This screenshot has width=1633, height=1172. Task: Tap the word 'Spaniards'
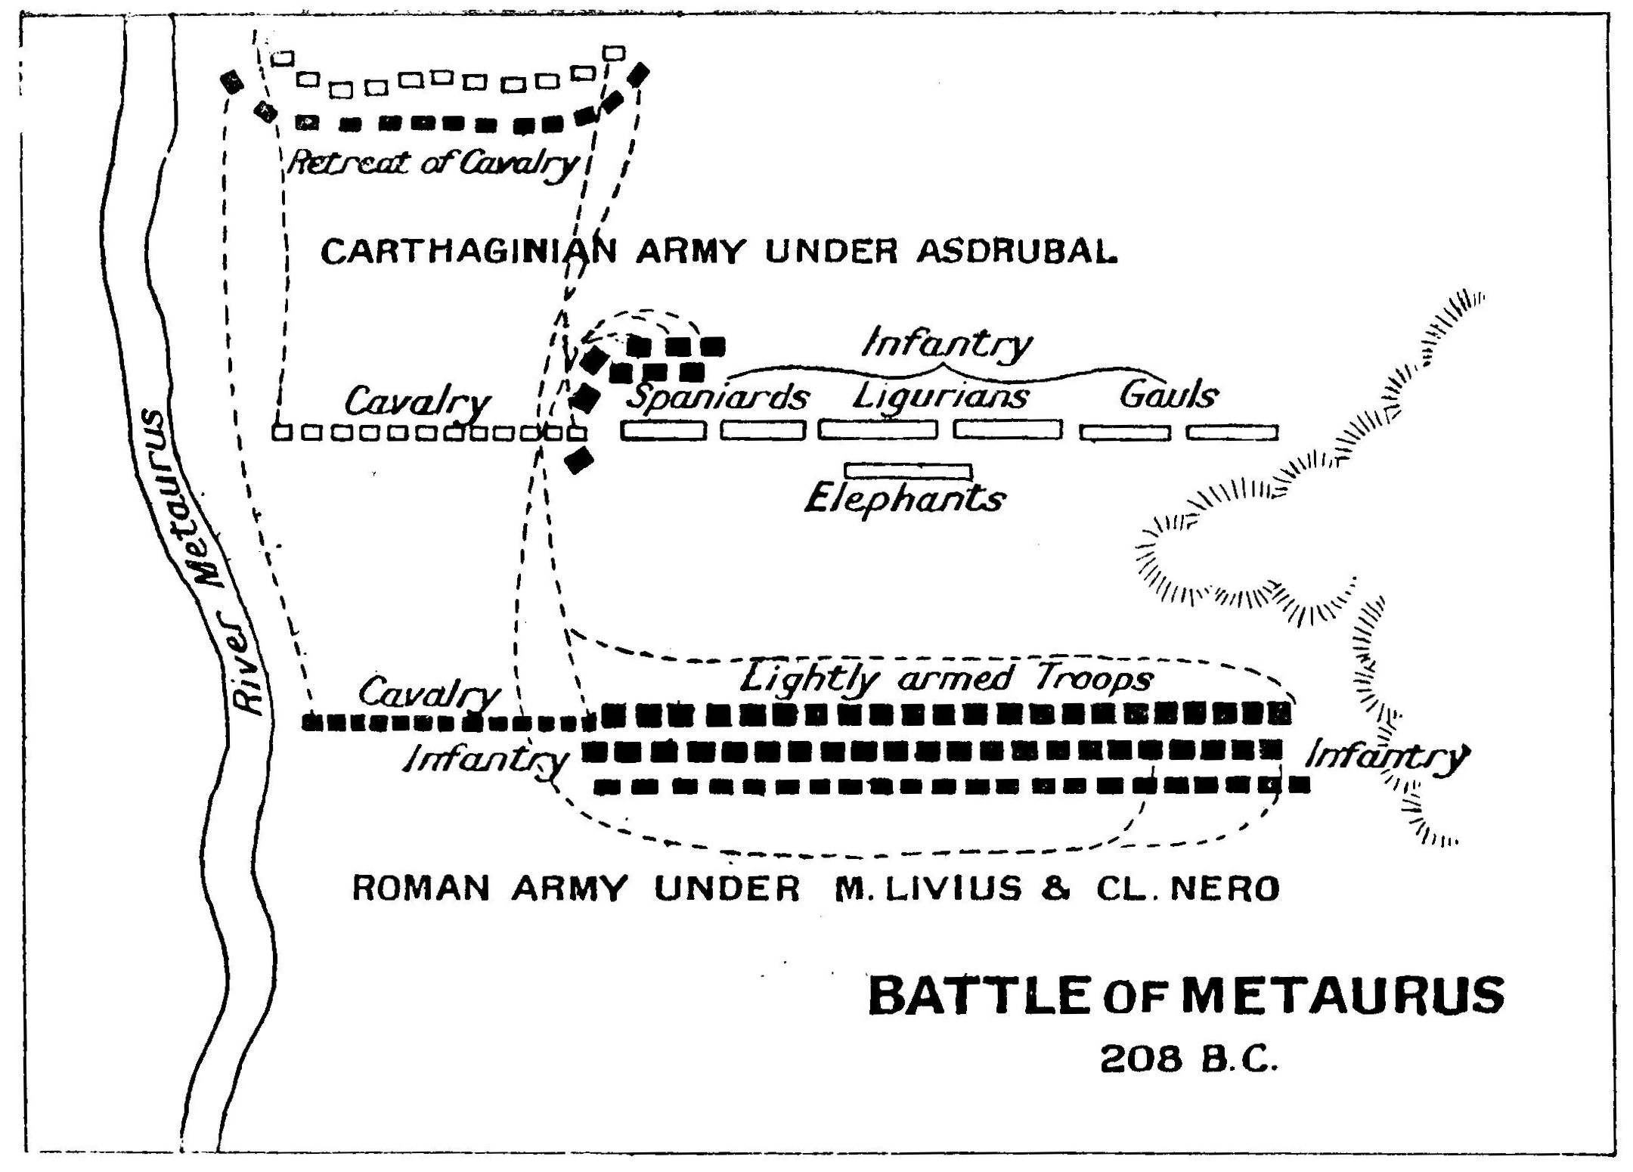coord(718,397)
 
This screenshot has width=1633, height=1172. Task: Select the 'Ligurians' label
coord(940,395)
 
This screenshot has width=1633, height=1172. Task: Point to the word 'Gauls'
coord(1169,395)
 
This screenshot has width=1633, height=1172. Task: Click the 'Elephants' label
coord(904,499)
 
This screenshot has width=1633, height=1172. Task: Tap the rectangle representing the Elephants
coord(908,471)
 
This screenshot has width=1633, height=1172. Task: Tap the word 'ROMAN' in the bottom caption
coord(421,889)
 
